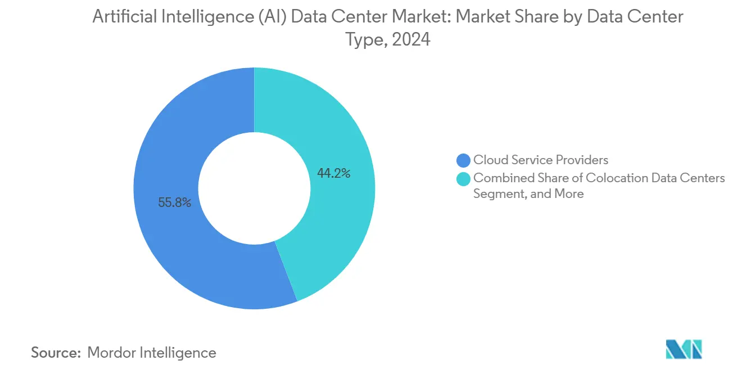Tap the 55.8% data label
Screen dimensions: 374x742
175,202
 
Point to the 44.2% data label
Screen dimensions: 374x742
333,174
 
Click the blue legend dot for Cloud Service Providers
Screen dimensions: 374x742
464,160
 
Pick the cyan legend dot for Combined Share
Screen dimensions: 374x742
464,178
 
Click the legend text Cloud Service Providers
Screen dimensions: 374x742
541,160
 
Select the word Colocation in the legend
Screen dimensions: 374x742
614,178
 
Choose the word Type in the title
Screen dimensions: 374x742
361,40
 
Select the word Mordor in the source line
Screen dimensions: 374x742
112,353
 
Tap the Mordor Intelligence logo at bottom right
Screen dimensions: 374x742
684,349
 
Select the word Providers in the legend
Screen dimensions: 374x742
583,160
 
